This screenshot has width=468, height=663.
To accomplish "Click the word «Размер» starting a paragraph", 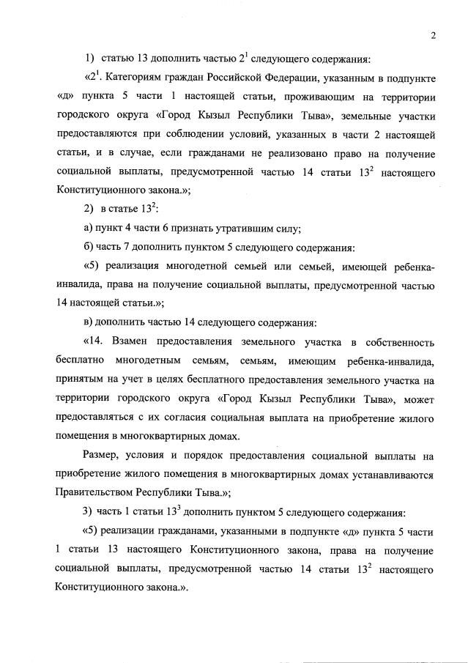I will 102,456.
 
